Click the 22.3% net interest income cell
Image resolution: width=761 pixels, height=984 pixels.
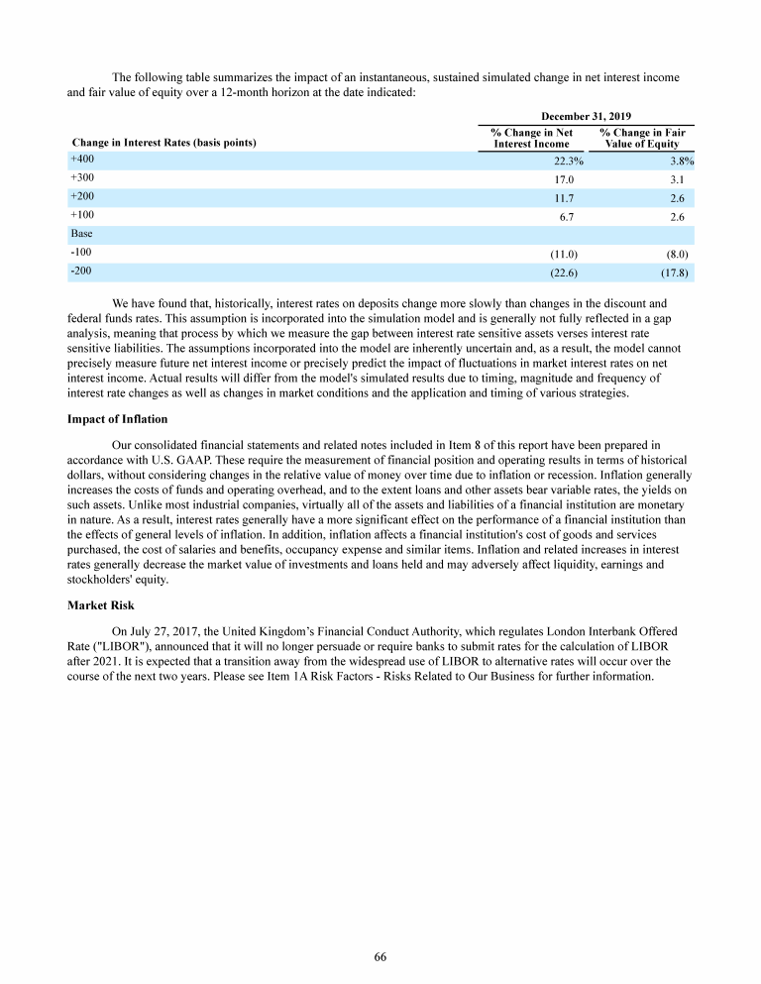coord(569,162)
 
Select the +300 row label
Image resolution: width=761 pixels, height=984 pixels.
coord(81,178)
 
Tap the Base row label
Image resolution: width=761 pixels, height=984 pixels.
coord(81,234)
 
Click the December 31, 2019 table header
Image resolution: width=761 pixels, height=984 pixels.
coord(587,116)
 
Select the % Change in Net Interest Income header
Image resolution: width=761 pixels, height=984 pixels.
coord(532,138)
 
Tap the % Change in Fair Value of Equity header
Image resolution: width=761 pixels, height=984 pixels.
coord(642,138)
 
